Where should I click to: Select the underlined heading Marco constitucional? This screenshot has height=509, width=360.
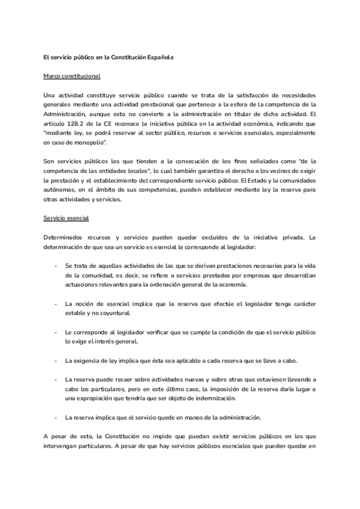73,77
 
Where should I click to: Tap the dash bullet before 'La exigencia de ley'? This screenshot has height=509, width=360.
55,360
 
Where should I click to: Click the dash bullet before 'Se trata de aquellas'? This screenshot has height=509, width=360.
55,265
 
